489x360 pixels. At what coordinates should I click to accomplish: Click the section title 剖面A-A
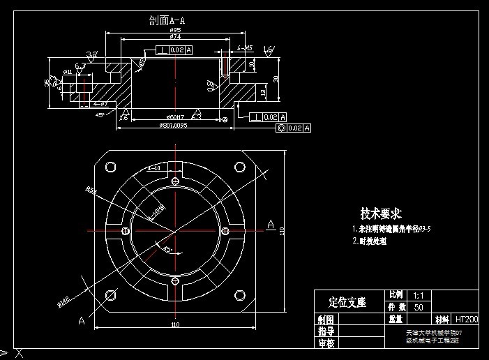point(167,20)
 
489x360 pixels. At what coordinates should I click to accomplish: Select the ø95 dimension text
point(176,31)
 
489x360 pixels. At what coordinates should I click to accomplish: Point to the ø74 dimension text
point(176,37)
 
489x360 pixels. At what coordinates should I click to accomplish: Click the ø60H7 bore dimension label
point(175,117)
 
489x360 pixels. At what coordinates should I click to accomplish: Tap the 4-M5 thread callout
point(245,48)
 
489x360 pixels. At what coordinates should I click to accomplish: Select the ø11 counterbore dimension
point(68,71)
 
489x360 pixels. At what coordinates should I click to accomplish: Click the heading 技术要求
point(380,213)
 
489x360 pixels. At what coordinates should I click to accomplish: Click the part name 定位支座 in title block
point(347,302)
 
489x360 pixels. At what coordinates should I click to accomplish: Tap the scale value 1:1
point(419,296)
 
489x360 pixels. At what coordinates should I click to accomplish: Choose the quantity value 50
point(419,307)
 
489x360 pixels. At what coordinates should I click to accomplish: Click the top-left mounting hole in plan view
point(110,167)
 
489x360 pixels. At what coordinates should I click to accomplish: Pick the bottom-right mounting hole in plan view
point(240,294)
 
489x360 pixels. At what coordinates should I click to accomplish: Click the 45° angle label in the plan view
point(167,248)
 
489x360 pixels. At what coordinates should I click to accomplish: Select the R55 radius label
point(91,189)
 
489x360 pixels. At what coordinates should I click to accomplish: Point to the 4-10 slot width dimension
point(155,168)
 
